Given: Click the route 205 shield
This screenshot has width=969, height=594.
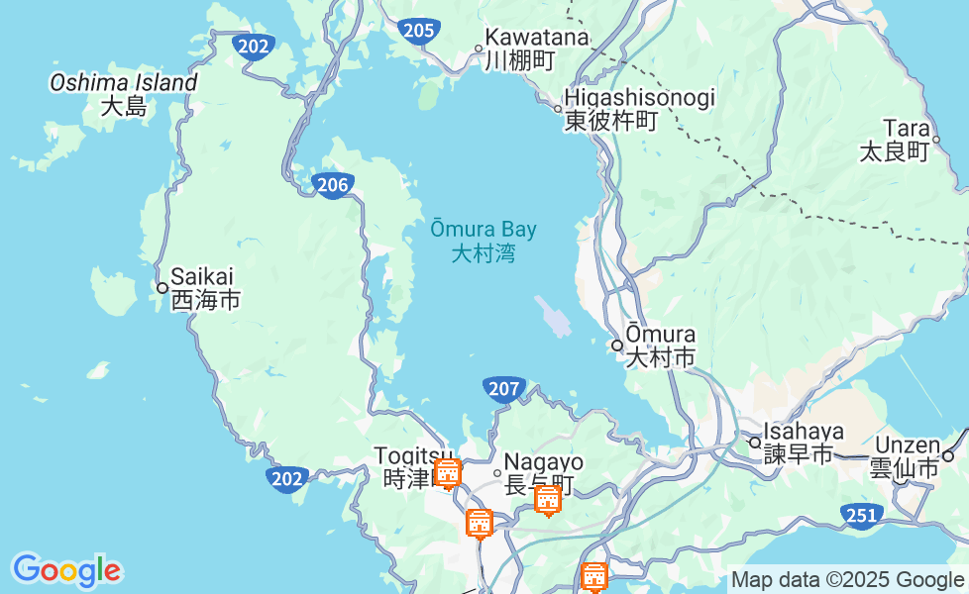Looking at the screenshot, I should click(x=420, y=31).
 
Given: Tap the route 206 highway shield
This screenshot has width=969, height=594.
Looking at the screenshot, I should click(x=333, y=184).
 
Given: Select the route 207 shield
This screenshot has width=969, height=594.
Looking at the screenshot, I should click(x=504, y=389).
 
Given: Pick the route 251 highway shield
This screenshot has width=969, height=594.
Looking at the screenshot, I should click(x=861, y=514).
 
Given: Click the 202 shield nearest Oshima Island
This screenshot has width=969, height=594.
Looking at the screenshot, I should click(x=255, y=46).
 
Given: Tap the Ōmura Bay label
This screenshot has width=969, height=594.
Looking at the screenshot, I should click(x=484, y=241).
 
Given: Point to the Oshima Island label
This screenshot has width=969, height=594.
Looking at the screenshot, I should click(x=124, y=94).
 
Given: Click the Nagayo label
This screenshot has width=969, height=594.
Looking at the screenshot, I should click(x=543, y=473).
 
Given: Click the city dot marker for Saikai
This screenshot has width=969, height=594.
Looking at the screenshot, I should click(x=162, y=288).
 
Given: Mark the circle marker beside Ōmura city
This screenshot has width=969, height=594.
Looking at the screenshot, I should click(x=617, y=346).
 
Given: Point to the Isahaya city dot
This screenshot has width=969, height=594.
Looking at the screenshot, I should click(x=754, y=442).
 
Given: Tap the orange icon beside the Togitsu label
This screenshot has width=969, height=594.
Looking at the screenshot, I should click(x=448, y=473).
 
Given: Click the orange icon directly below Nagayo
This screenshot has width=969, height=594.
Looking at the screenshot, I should click(x=548, y=500).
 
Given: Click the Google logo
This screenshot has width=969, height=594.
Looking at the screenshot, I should click(x=66, y=571).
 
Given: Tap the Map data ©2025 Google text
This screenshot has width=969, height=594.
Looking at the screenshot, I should click(x=847, y=580).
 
